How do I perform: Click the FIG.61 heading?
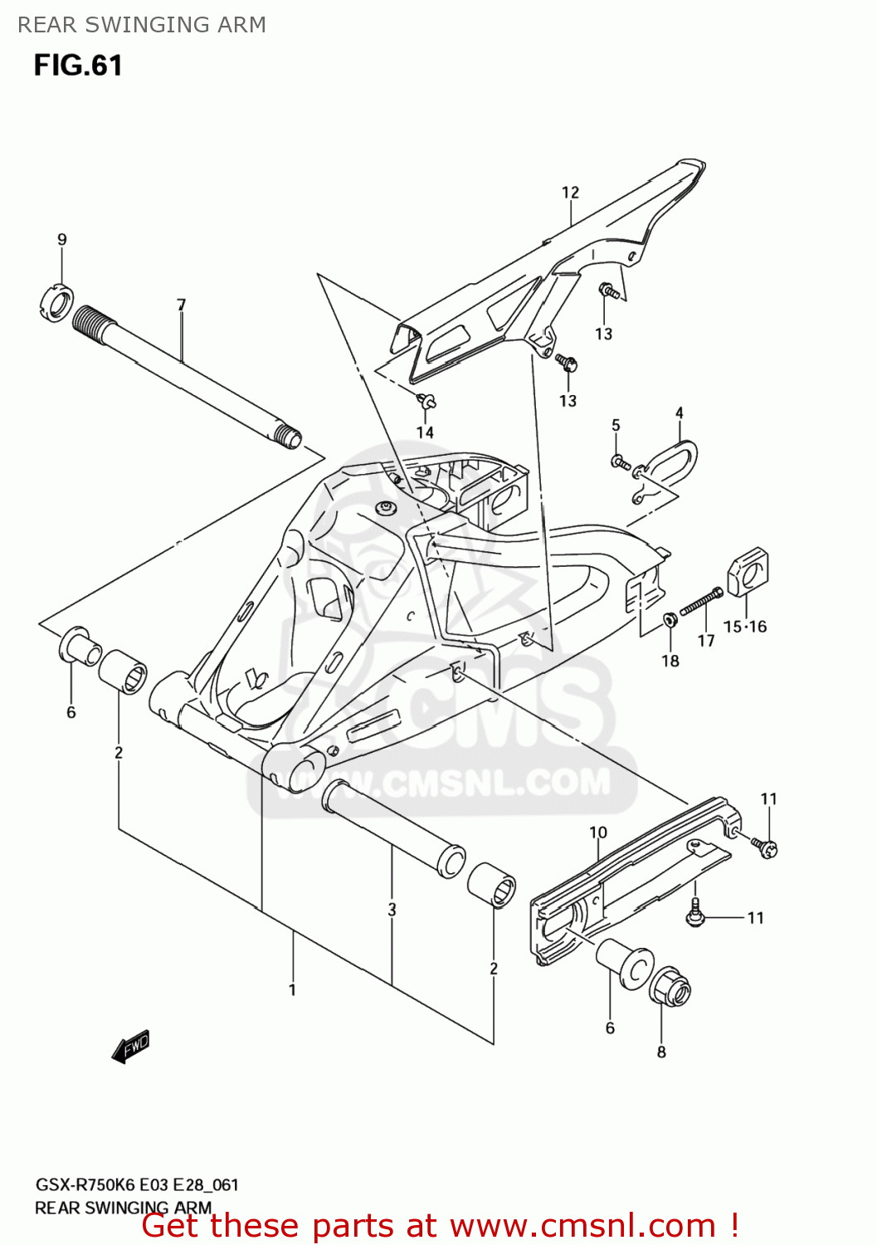coord(78,66)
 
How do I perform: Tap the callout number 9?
coord(62,240)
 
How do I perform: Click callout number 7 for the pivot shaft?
coord(182,305)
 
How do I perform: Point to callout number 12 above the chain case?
coord(570,193)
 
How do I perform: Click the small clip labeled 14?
coord(427,402)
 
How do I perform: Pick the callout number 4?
coord(680,413)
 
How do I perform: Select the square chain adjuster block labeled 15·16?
coord(748,571)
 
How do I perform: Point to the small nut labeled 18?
coord(670,619)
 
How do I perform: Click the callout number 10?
coord(598,832)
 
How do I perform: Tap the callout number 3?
coord(392,910)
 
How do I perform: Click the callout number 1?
coord(292,989)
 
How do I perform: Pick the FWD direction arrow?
coord(131,1047)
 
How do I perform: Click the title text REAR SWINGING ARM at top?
coord(142,25)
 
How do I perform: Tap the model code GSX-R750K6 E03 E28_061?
coord(137,1184)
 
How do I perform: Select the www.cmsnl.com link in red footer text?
coord(582,1225)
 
